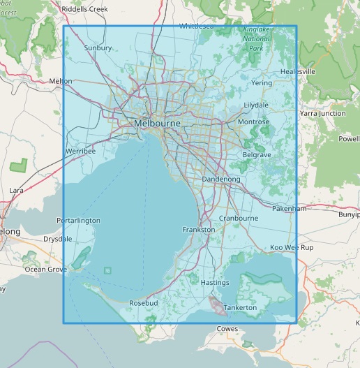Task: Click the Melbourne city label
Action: coord(157,123)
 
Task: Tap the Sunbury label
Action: coord(98,48)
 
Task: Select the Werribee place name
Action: coord(81,151)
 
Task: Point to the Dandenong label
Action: coord(220,179)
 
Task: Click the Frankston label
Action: coord(197,229)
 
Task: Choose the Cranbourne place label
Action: coord(238,218)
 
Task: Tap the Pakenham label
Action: coord(290,208)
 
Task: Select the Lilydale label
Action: coord(255,105)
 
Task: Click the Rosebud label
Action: coord(144,303)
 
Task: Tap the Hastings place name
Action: coord(214,283)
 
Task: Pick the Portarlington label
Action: coord(78,221)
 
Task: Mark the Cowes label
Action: coord(227,328)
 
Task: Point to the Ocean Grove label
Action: coord(45,269)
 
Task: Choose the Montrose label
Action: coord(253,122)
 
